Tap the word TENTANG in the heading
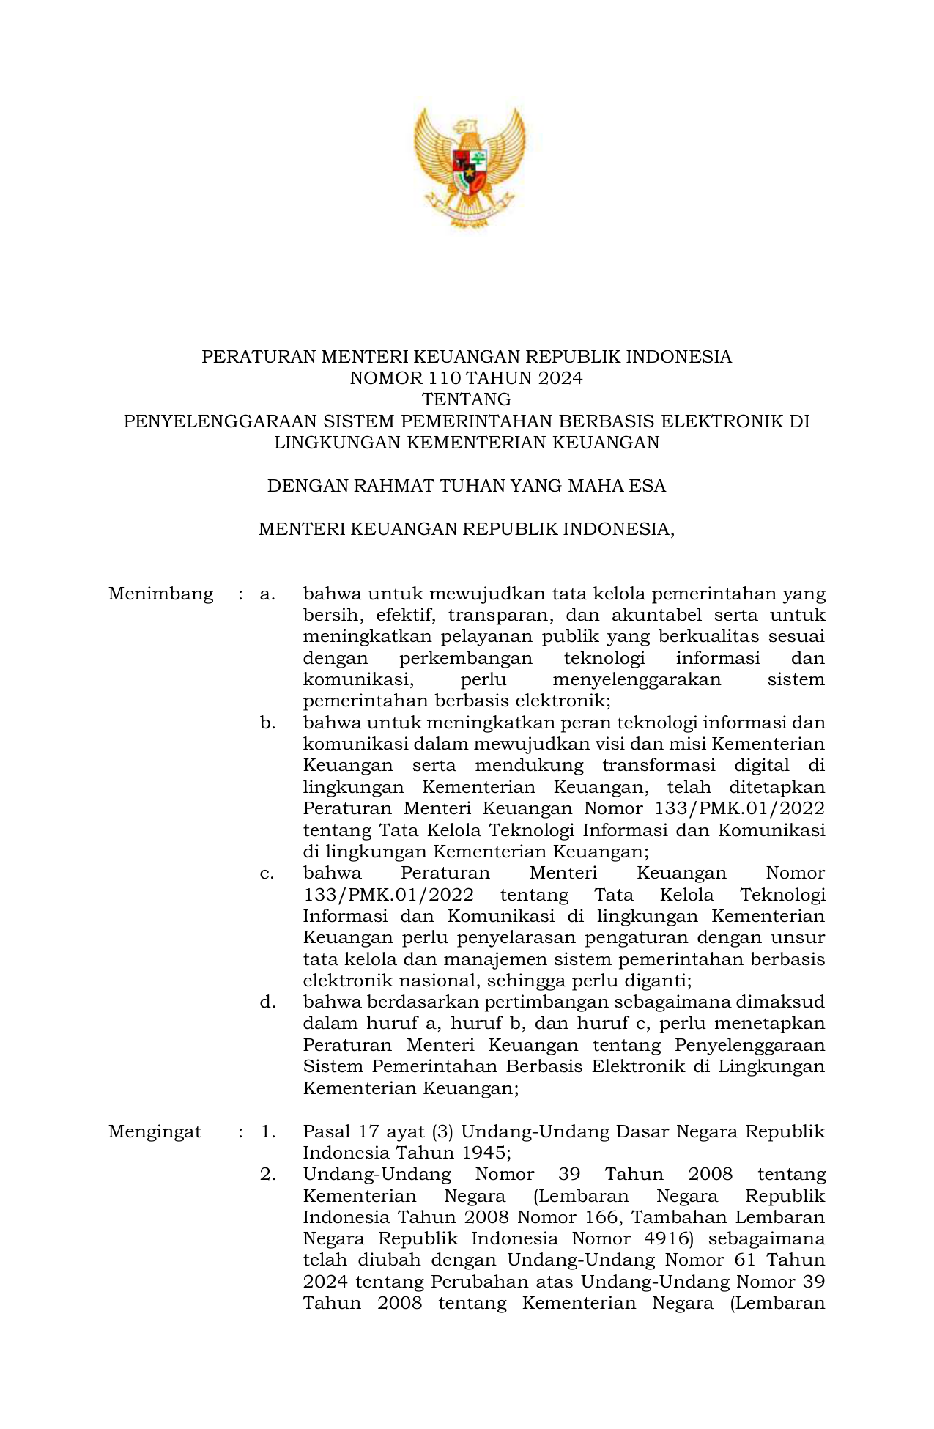click(467, 399)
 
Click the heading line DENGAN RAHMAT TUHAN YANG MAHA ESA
click(467, 486)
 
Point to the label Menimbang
click(160, 594)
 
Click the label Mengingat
click(155, 1131)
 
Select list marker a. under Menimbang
click(267, 594)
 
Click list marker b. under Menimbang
click(267, 723)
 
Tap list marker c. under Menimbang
click(267, 874)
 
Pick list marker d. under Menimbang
click(267, 1002)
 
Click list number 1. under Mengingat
click(267, 1131)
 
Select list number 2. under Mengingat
click(267, 1175)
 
